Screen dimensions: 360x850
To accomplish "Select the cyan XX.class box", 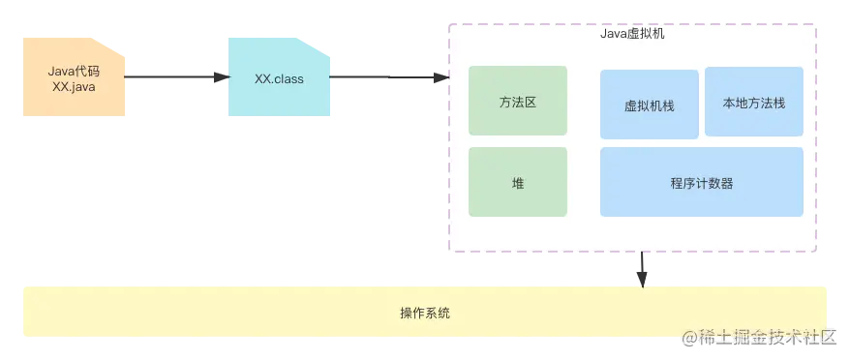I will point(279,77).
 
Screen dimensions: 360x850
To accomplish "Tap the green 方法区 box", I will point(517,101).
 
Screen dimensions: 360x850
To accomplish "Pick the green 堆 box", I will point(517,182).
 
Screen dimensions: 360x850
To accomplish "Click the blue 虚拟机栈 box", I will point(649,105).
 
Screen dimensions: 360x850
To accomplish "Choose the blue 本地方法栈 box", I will point(753,101).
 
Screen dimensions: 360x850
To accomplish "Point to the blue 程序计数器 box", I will point(701,182).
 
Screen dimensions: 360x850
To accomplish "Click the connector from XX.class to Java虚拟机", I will point(387,77).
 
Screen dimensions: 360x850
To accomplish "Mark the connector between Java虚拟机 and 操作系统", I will point(642,270).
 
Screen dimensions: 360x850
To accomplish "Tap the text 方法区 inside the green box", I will point(517,102).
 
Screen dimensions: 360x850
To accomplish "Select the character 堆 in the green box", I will point(517,183).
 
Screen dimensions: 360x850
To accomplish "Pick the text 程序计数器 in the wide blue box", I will point(701,183).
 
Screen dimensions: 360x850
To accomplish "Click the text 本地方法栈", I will point(753,102).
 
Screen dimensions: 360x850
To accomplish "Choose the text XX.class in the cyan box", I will point(279,78).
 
